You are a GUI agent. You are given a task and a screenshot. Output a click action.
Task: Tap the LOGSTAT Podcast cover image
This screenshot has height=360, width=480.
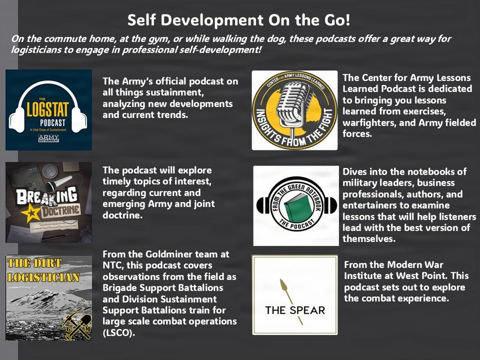[48, 110]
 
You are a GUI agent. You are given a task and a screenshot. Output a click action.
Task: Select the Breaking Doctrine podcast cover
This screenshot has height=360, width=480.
[48, 202]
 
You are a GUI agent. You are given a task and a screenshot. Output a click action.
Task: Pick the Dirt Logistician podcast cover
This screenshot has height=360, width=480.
[48, 298]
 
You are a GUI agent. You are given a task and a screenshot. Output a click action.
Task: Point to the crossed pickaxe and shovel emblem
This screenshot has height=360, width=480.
[77, 324]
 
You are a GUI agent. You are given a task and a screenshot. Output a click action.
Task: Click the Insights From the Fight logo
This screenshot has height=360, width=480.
[295, 110]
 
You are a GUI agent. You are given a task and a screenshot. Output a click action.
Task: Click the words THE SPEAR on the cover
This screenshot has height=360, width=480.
[295, 310]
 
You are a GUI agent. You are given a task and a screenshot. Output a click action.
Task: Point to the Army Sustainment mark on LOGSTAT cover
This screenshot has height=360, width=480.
[48, 138]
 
